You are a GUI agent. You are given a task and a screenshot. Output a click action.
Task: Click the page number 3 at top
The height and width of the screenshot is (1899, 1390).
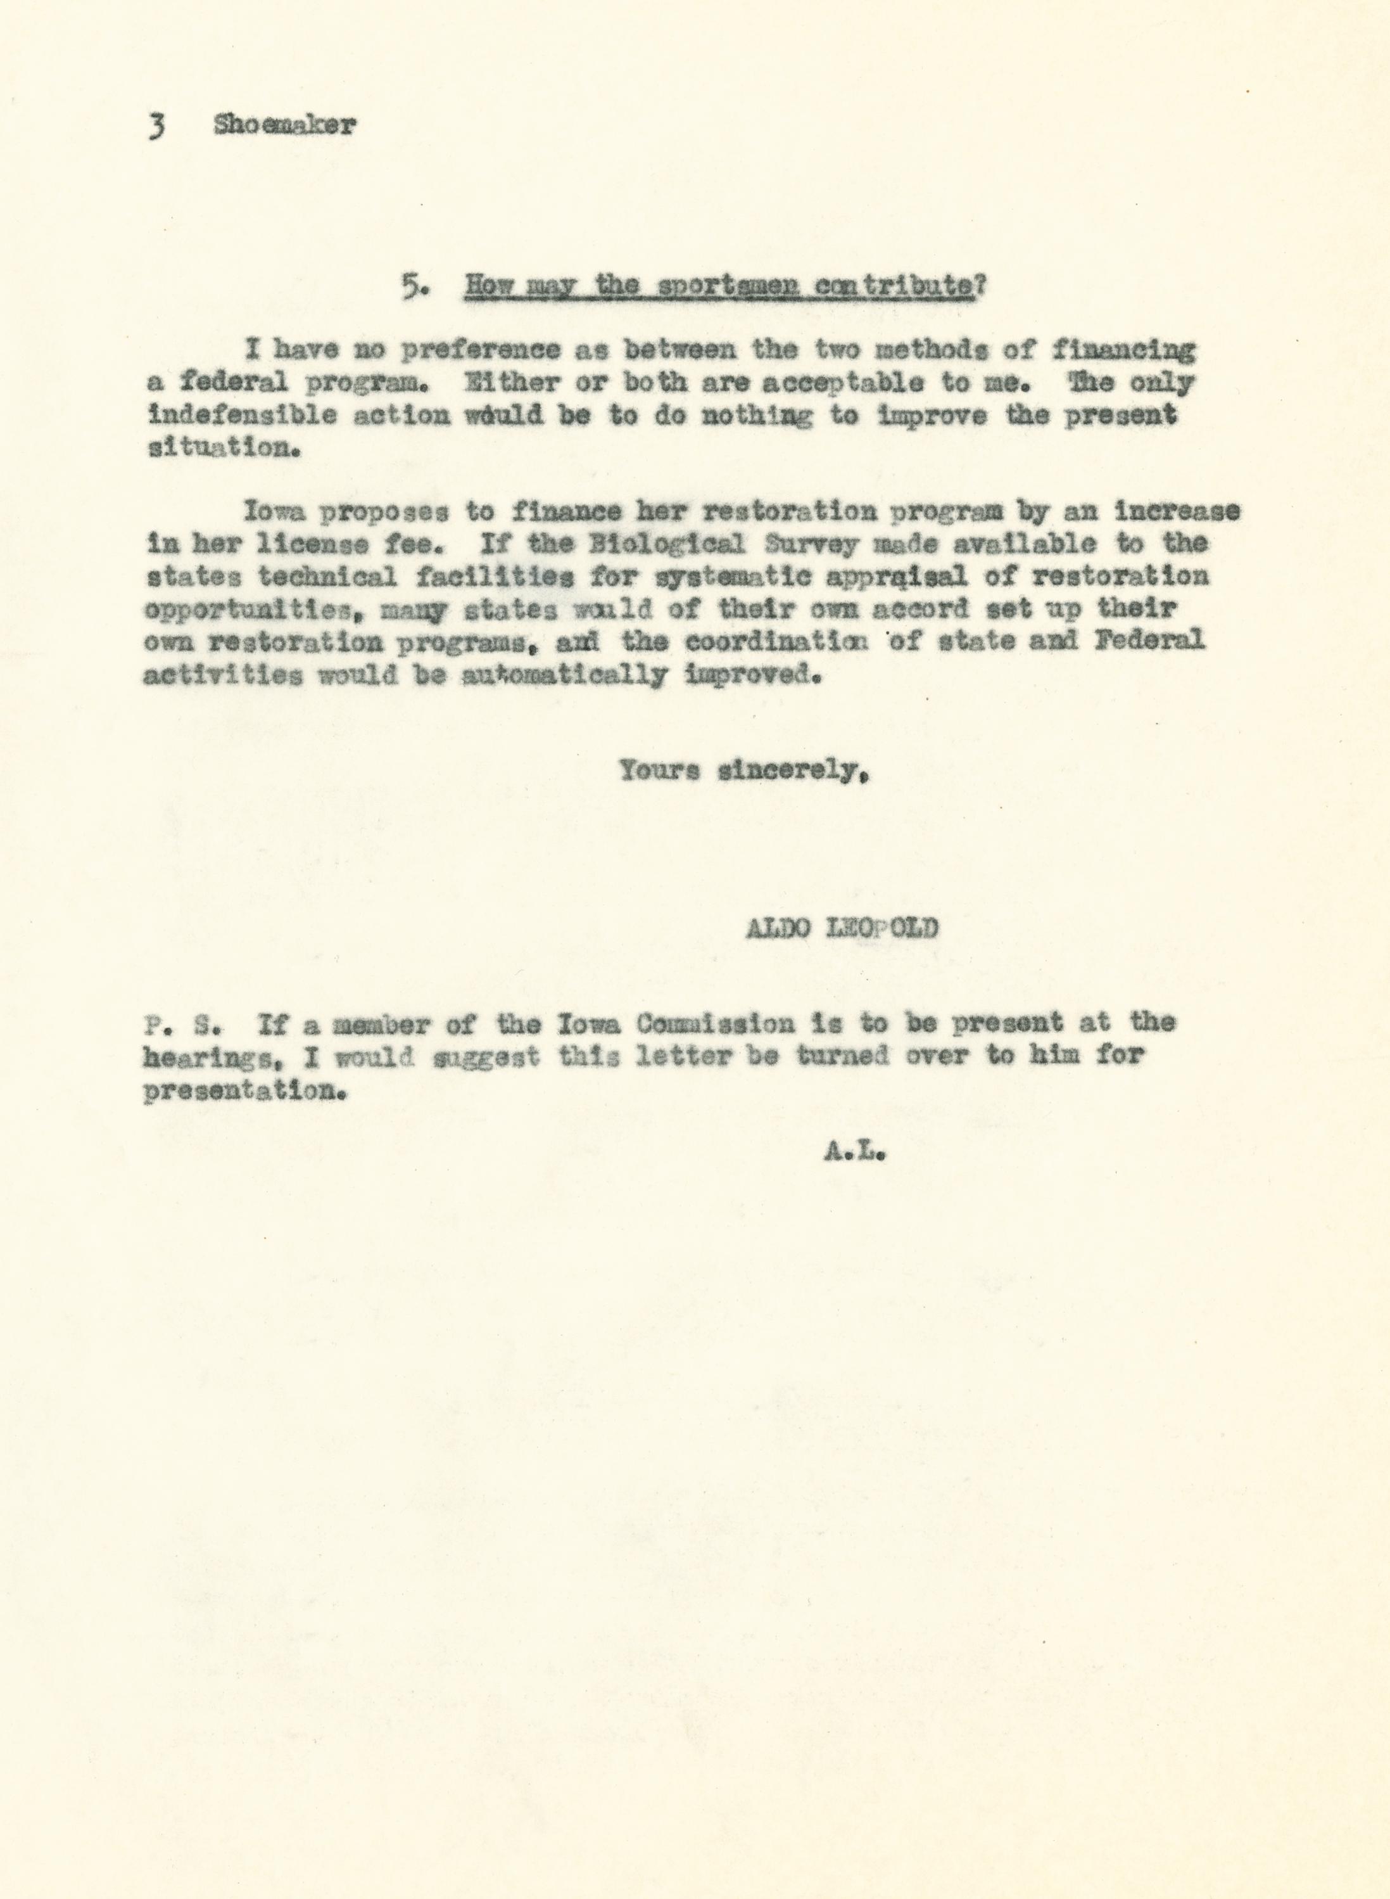click(x=156, y=126)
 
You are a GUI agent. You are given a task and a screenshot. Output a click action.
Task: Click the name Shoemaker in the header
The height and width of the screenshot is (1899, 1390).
click(x=285, y=125)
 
